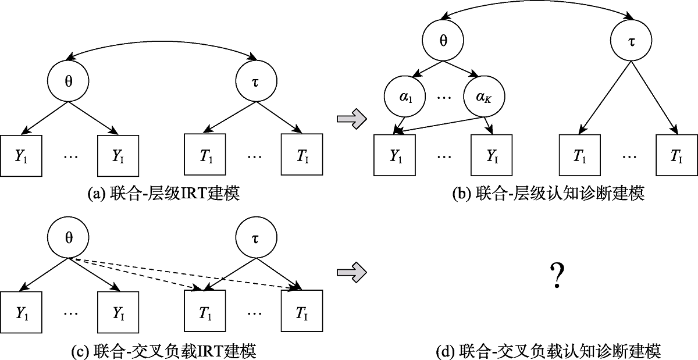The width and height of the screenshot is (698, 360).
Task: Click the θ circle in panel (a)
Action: pos(68,81)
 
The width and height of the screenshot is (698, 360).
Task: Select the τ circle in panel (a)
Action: pos(255,81)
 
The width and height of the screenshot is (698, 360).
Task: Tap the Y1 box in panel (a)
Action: pos(22,155)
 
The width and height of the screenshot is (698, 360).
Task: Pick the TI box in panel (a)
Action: pos(301,155)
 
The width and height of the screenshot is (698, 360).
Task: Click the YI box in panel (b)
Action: pos(492,155)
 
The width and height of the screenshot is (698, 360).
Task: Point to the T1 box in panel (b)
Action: pos(579,155)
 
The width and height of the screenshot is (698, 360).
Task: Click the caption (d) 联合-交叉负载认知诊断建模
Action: pos(548,351)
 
